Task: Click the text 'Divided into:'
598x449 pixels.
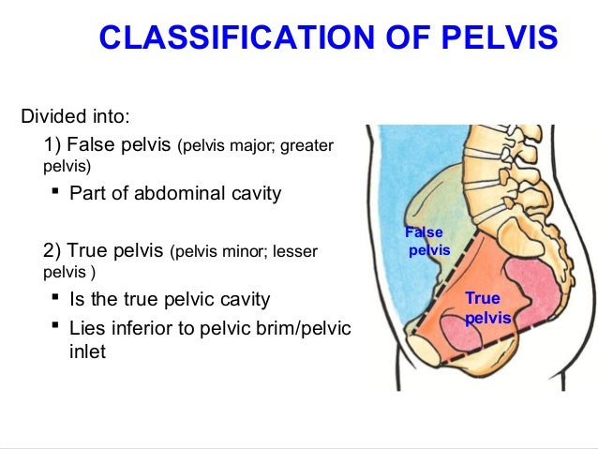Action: pos(75,118)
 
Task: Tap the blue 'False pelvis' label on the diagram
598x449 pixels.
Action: pos(426,242)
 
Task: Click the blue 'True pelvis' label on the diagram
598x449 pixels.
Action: pos(486,308)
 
